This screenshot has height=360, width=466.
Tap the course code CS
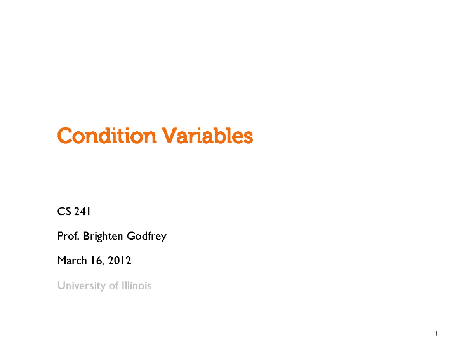click(x=63, y=212)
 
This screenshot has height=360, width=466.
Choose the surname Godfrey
click(x=146, y=237)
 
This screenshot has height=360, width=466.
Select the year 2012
click(x=120, y=261)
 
